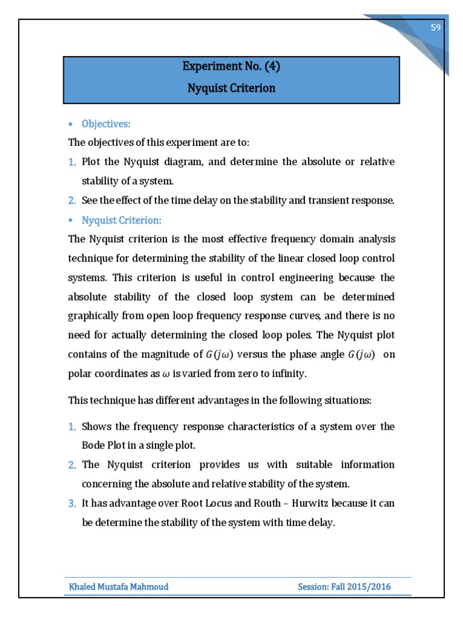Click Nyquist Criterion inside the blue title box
pos(231,88)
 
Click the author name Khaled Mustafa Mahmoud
pos(119,586)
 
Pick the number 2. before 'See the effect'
pos(72,201)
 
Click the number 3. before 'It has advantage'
pos(72,503)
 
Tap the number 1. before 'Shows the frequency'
pos(72,427)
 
